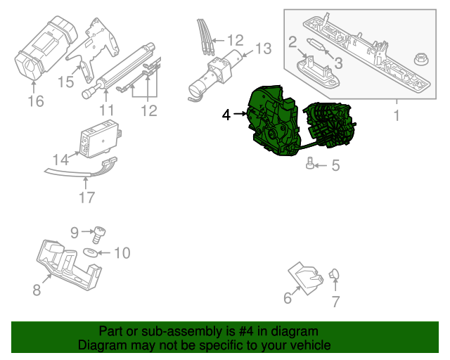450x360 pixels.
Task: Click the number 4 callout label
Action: click(226, 114)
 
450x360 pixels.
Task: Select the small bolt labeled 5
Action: click(310, 165)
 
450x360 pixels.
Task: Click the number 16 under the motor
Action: click(35, 102)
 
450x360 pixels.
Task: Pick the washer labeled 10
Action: click(91, 252)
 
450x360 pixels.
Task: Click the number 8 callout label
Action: click(37, 288)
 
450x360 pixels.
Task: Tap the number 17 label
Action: click(86, 198)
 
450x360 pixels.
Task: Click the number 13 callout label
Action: click(262, 49)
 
